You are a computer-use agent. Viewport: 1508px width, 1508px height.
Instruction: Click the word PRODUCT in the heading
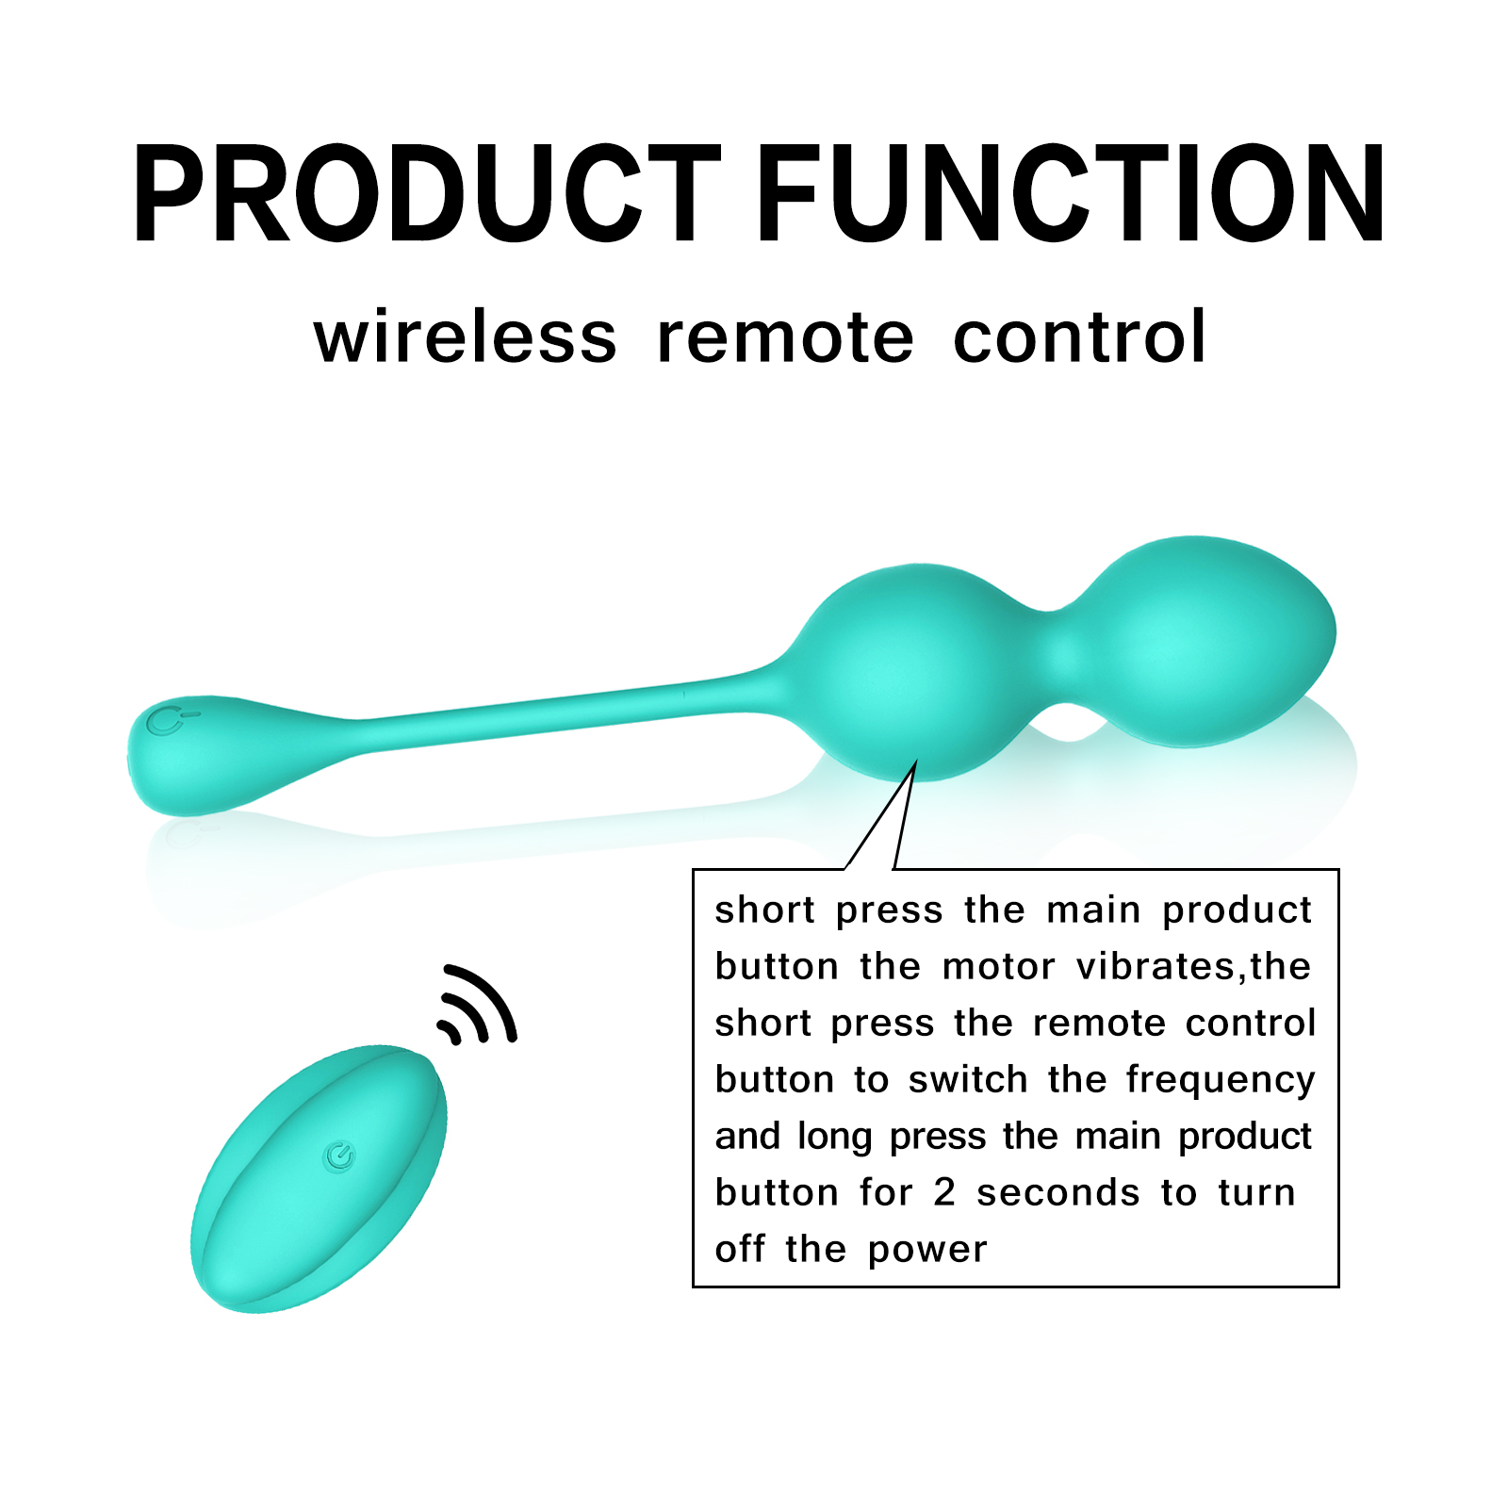(x=426, y=194)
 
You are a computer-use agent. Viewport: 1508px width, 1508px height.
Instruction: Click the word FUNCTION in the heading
(x=1071, y=194)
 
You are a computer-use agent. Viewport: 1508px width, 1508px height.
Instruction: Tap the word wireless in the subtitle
(x=466, y=336)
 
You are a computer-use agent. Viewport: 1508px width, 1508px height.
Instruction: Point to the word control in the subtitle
(x=1079, y=336)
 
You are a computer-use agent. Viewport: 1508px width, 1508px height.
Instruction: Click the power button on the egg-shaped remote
(x=339, y=1156)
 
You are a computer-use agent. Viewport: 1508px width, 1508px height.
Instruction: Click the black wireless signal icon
(x=477, y=1005)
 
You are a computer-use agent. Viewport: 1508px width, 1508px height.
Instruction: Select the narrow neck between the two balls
(x=1060, y=655)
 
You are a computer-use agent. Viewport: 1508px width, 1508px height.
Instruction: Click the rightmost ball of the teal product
(x=1206, y=641)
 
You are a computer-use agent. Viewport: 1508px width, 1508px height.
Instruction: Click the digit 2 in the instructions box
(x=944, y=1193)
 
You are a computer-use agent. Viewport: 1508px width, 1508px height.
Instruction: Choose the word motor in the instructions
(x=999, y=968)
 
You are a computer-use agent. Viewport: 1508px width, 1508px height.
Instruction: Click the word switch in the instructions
(x=968, y=1079)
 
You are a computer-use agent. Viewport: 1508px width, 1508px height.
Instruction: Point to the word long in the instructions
(x=834, y=1138)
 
